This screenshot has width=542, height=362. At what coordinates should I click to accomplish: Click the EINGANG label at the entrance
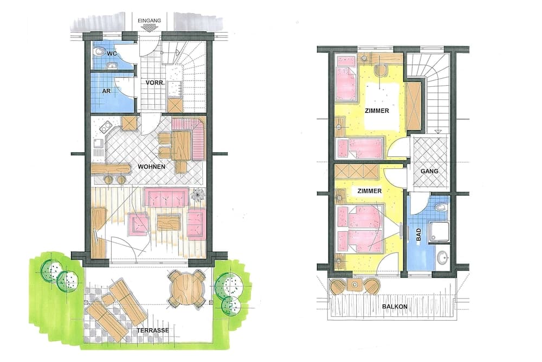150,21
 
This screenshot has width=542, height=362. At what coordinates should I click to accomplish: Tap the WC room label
112,54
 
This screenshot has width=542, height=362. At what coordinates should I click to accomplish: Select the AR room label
107,91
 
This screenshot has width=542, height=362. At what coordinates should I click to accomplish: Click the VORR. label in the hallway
154,82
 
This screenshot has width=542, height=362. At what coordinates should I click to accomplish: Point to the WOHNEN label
151,167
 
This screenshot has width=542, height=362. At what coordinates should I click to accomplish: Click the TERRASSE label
153,330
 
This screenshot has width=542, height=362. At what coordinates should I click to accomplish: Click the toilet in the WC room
100,51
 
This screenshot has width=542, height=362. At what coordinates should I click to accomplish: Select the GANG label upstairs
429,171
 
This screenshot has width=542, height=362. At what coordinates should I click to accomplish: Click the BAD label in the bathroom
418,234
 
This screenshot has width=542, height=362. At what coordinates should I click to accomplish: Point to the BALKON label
395,307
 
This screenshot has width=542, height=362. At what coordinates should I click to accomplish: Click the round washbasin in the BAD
442,257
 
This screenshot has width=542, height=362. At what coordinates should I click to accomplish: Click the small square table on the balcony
354,285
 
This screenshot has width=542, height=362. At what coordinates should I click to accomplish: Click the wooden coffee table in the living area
169,222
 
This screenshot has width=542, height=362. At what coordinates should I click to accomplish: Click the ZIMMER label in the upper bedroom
377,111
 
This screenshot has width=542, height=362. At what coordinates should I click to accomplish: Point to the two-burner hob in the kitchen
106,127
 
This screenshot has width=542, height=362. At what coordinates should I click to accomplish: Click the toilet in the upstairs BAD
441,207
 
